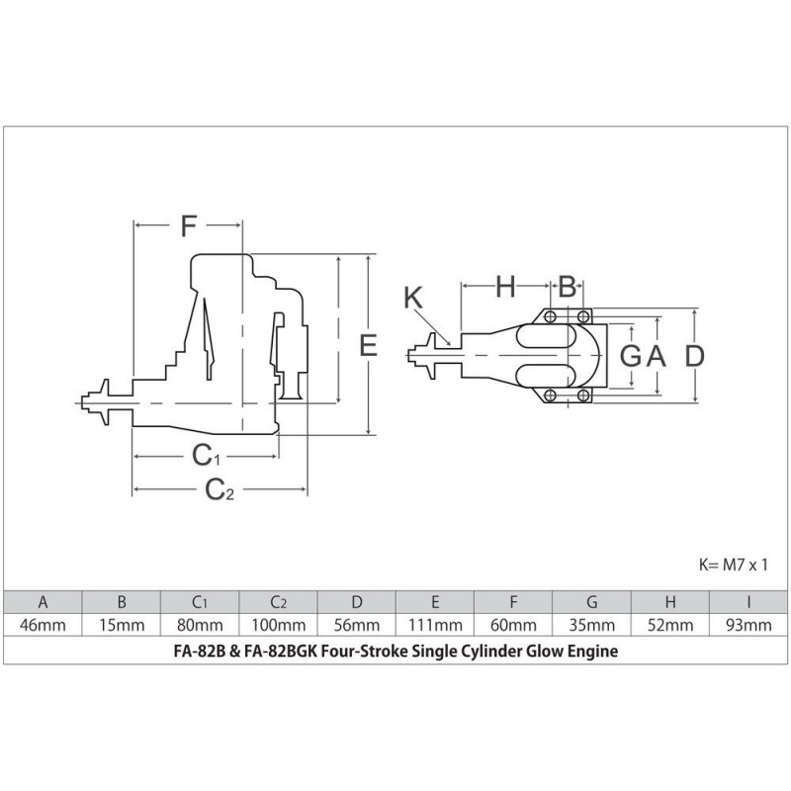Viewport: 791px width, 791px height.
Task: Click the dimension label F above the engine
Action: coord(188,226)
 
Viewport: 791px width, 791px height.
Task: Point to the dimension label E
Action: coord(368,345)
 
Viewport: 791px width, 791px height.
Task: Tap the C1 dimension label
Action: coord(206,456)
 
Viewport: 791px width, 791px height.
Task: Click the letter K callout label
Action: coord(414,298)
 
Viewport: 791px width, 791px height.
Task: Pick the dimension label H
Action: coord(505,287)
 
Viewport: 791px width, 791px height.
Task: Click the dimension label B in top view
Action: coord(568,287)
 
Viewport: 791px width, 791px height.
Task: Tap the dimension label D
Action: coord(696,356)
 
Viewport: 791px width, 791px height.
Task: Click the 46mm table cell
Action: coord(43,625)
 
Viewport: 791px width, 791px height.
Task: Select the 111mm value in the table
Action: coord(435,625)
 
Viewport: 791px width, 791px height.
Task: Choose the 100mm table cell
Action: coord(278,625)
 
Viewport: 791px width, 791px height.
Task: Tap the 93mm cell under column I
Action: coord(749,625)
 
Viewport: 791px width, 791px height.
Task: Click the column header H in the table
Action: coord(670,601)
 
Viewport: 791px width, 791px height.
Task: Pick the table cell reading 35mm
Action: coord(592,625)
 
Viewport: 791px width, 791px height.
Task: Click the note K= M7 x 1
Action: coord(734,564)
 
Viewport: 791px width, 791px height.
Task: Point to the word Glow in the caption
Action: coord(544,652)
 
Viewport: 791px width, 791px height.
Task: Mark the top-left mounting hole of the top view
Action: coord(548,317)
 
